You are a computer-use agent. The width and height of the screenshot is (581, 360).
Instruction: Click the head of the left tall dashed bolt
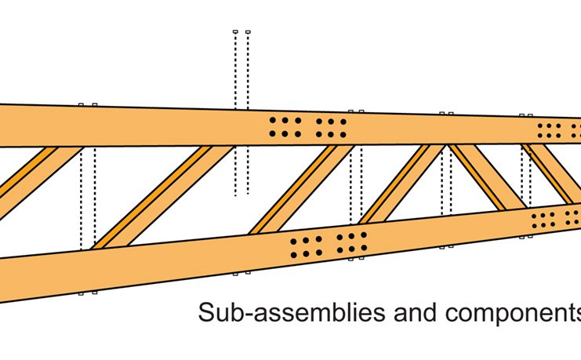pyautogui.click(x=235, y=32)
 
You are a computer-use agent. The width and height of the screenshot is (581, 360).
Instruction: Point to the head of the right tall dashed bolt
pyautogui.click(x=248, y=32)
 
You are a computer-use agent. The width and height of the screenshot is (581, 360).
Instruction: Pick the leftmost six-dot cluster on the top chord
pyautogui.click(x=285, y=128)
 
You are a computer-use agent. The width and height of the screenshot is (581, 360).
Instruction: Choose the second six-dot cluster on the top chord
pyautogui.click(x=332, y=128)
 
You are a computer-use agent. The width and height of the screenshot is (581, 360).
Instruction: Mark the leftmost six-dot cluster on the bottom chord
pyautogui.click(x=306, y=245)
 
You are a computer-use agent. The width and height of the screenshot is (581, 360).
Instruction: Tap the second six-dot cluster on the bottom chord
pyautogui.click(x=352, y=242)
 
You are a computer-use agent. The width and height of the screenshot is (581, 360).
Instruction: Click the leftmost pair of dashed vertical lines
pyautogui.click(x=87, y=196)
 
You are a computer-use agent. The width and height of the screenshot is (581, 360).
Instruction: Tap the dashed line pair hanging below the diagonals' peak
pyautogui.click(x=447, y=180)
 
